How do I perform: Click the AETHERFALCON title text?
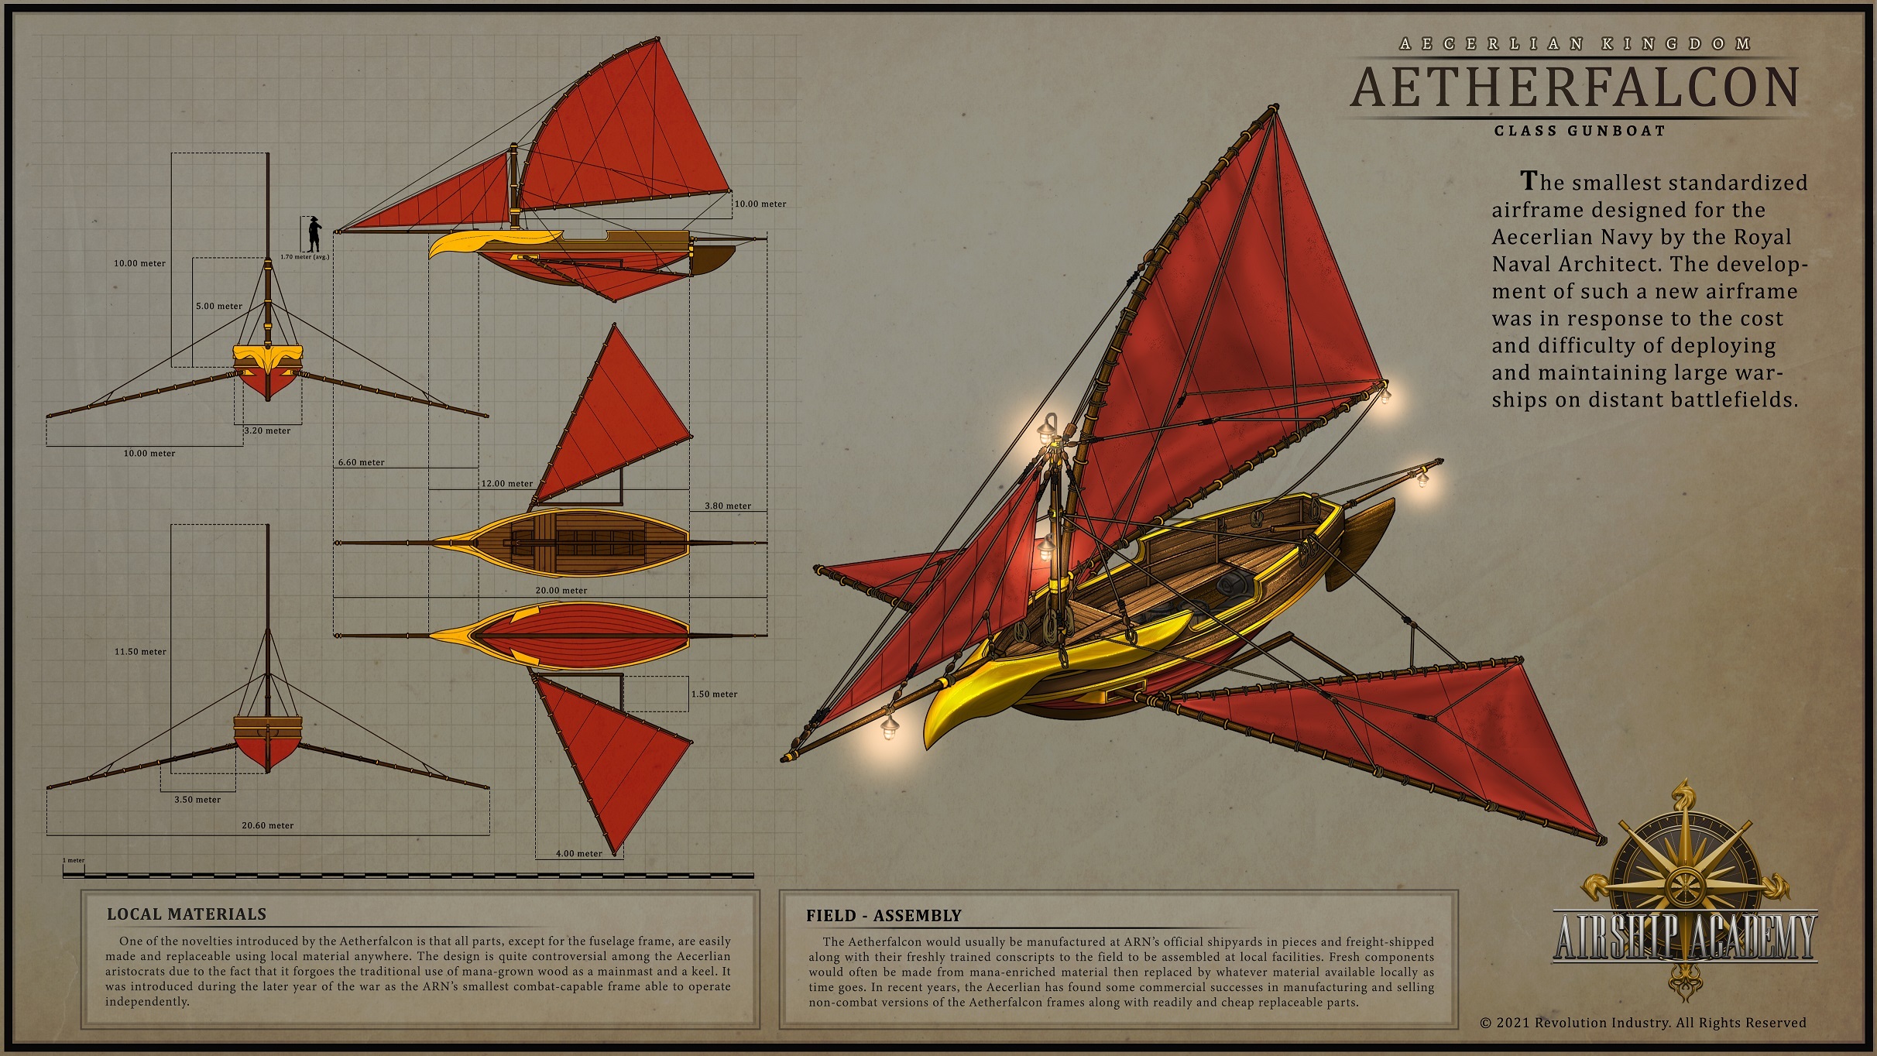point(1574,87)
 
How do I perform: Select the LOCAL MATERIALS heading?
point(186,914)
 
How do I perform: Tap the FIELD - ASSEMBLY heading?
point(884,916)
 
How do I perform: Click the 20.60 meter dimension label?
point(267,825)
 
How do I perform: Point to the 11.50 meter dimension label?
point(140,652)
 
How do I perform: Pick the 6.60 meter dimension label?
point(361,462)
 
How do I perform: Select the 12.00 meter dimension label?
point(507,484)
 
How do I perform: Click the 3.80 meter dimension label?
point(727,506)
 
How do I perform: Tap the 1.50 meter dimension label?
point(714,694)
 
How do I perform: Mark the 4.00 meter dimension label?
point(578,854)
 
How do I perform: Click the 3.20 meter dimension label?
point(267,431)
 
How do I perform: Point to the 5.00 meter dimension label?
point(219,306)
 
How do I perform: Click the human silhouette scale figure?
point(314,233)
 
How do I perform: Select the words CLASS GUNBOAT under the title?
point(1580,131)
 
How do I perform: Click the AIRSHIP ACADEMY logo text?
point(1684,938)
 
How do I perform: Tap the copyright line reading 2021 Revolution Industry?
point(1642,1023)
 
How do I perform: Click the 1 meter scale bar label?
point(74,860)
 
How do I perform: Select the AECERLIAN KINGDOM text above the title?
point(1575,44)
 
